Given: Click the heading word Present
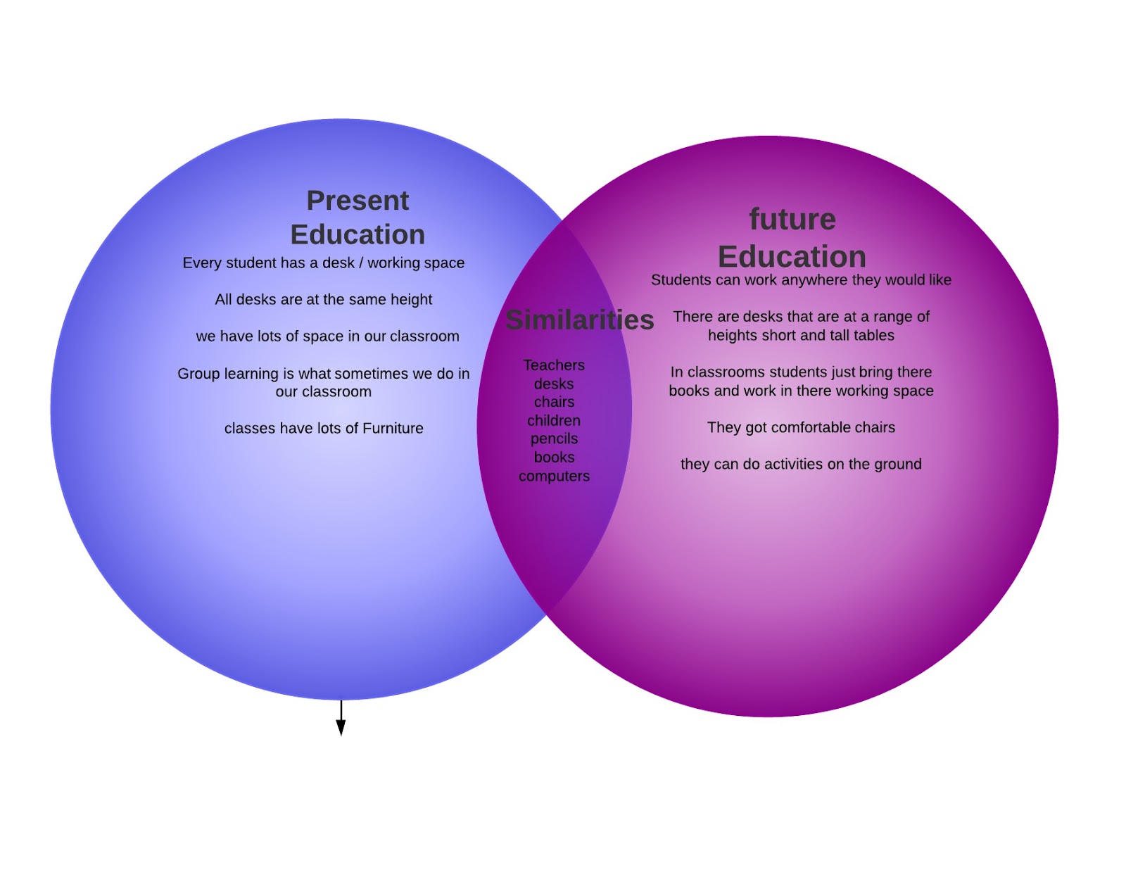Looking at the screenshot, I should tap(358, 201).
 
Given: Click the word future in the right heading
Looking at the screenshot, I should tap(792, 219).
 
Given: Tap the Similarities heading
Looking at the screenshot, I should tap(580, 320).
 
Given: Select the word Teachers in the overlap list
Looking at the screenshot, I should tap(554, 365).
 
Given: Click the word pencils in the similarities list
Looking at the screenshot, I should tap(554, 439).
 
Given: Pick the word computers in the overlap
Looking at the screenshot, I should tap(554, 477).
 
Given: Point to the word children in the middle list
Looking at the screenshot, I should tap(554, 421).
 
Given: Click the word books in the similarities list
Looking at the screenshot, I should tap(554, 458).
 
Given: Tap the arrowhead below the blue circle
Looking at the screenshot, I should tap(341, 728).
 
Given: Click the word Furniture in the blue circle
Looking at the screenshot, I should tap(392, 429).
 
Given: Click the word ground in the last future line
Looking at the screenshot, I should tap(896, 465).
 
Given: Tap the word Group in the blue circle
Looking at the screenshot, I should tap(199, 374).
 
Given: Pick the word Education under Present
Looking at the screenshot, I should tap(358, 235).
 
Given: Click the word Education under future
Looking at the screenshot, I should tap(792, 257).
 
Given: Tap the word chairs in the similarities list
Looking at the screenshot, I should tap(554, 402).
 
